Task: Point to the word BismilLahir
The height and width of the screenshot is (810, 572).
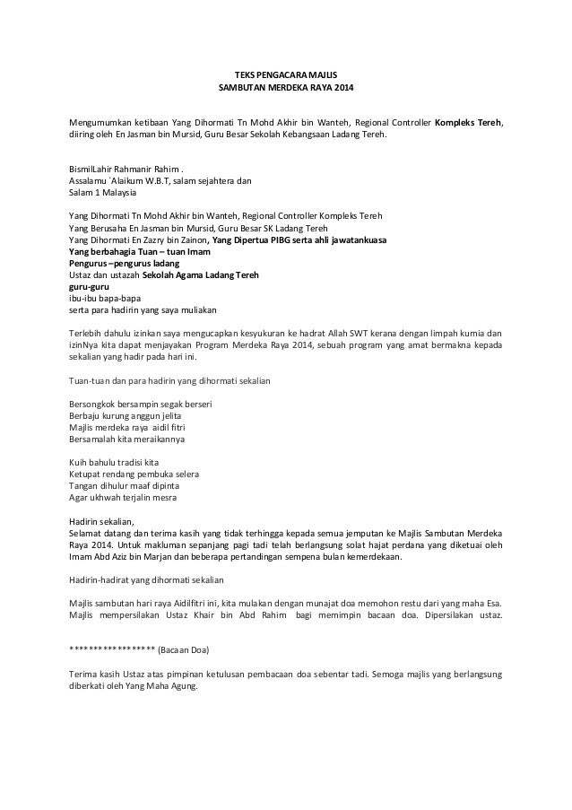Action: click(x=92, y=169)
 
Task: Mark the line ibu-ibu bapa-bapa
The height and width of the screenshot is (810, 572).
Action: click(x=104, y=299)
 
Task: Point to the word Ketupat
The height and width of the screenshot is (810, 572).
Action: click(x=85, y=474)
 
